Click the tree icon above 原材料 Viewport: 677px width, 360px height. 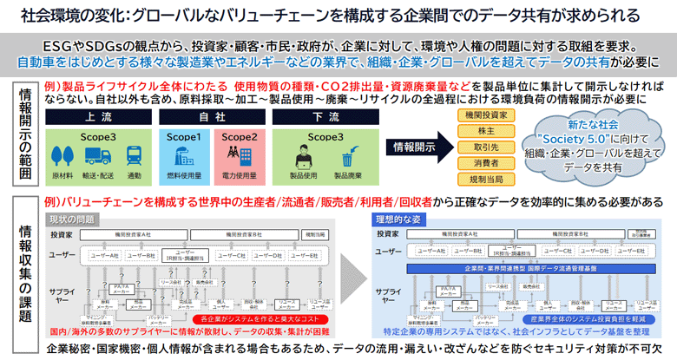[x=64, y=155]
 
